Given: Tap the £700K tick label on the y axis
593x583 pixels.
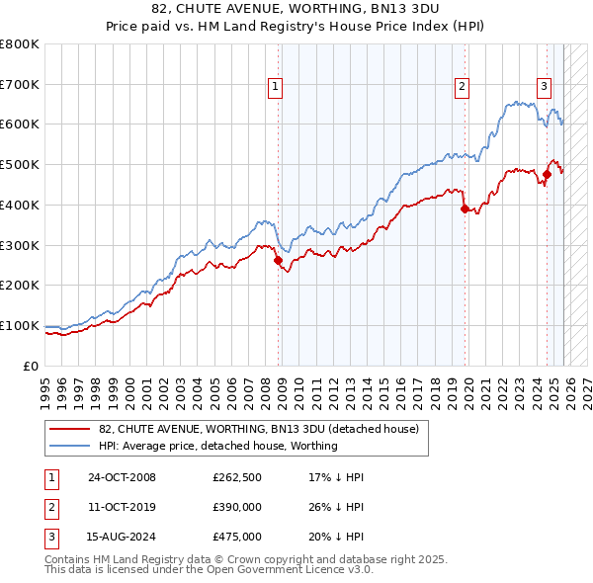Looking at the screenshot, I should point(21,85).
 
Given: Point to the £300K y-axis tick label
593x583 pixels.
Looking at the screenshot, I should point(21,245).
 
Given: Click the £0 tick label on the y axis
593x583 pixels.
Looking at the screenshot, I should point(33,366).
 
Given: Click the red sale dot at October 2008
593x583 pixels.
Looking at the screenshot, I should point(279,261).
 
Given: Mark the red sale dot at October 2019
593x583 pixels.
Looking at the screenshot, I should point(465,209).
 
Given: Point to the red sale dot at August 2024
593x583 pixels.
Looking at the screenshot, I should point(547,175).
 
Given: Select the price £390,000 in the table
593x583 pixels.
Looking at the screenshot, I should point(237,507).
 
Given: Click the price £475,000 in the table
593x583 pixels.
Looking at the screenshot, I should point(237,537).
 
